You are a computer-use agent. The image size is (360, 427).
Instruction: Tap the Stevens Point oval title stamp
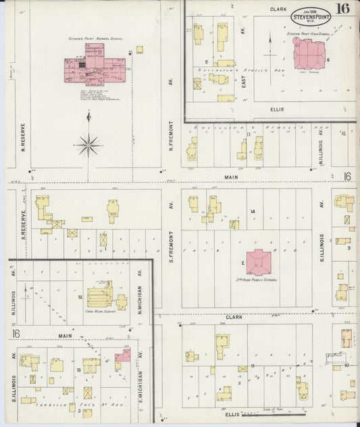(311, 14)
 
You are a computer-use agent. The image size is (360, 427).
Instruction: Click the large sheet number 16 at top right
(344, 9)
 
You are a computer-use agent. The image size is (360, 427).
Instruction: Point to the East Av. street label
(243, 73)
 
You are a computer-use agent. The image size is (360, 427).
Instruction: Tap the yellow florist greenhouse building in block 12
(99, 295)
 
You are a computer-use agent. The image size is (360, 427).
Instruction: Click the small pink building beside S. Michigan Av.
(123, 355)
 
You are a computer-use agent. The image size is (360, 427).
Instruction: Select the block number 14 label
(252, 212)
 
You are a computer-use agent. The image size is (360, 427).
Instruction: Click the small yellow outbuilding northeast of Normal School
(139, 49)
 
